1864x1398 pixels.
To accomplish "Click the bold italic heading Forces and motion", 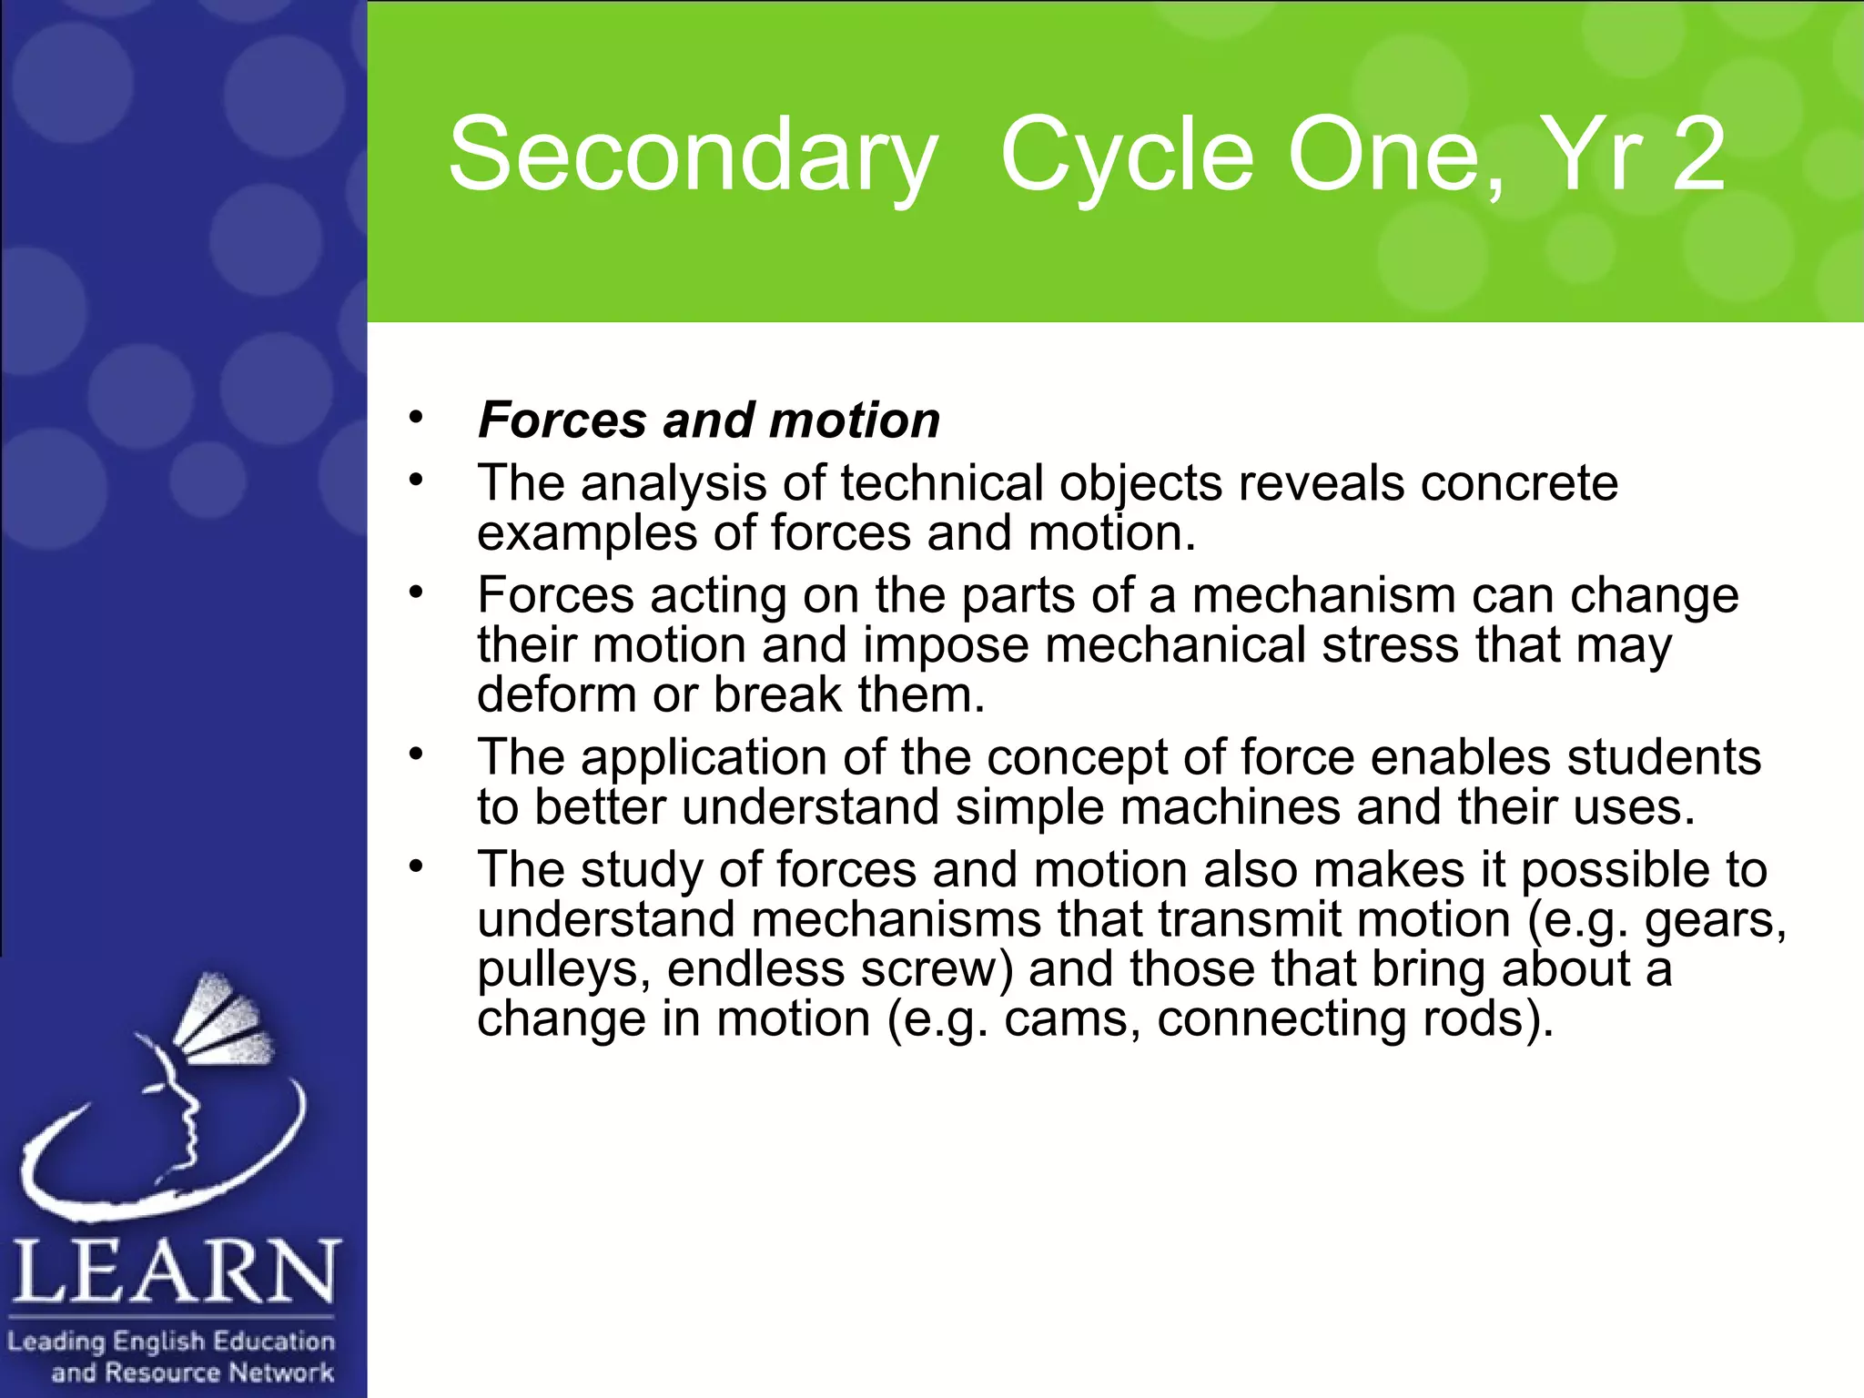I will click(708, 420).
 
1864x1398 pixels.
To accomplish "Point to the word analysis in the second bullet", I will click(674, 483).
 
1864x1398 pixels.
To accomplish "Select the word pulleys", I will click(563, 970).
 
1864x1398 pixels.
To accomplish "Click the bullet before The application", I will click(416, 755).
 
